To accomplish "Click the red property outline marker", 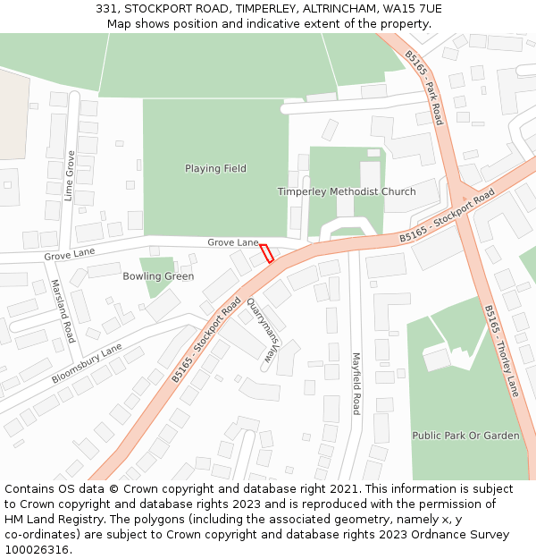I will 266,252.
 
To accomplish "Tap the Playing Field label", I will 215,168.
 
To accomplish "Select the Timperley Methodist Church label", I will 346,191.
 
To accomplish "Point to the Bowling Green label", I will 158,276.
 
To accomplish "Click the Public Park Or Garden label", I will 465,436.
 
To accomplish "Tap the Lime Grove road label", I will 70,175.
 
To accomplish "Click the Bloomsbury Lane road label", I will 87,361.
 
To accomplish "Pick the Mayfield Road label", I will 356,383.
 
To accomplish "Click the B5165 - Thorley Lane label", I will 501,350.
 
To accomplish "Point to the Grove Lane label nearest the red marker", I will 232,242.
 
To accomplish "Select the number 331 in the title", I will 106,8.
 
